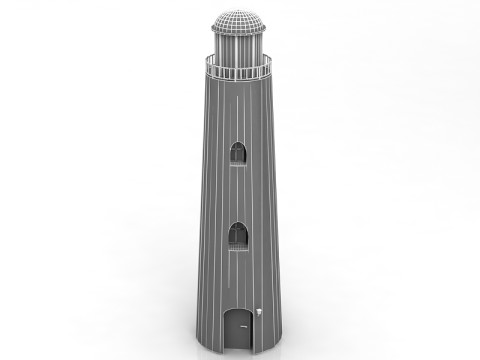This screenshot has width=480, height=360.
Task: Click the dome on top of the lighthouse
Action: (x=239, y=19)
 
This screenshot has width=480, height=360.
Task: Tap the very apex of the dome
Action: (x=239, y=9)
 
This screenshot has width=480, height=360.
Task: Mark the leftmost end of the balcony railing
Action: (x=206, y=62)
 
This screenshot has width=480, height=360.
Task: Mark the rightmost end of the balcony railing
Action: (x=272, y=62)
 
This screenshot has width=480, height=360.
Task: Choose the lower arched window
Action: (x=239, y=236)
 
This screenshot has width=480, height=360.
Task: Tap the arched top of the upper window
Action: (x=239, y=144)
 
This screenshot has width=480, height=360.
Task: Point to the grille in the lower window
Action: (x=239, y=241)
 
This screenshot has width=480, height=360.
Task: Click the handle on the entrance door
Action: (x=248, y=330)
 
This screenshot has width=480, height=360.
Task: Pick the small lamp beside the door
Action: (x=258, y=314)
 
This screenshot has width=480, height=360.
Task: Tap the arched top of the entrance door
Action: (x=239, y=311)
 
